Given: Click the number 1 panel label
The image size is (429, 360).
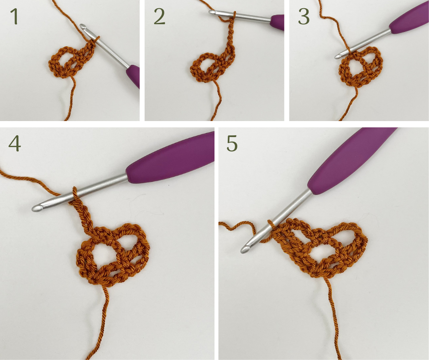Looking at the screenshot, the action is point(15,16).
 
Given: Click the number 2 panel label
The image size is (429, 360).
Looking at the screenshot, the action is point(159,16).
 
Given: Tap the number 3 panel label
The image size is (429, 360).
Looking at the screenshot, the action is point(303,16).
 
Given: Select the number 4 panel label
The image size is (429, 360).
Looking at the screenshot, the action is point(15,143).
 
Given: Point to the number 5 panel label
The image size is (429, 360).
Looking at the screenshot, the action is point(232,143).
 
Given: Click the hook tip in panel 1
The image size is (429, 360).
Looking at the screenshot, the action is point(82,26).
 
